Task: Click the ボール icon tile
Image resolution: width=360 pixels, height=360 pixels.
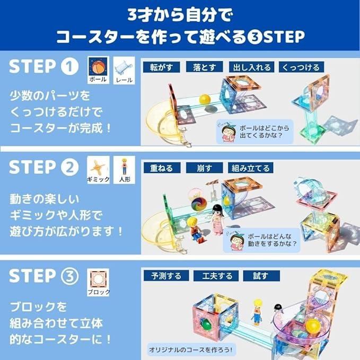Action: point(98,71)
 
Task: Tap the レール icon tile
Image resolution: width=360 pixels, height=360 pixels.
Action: point(124,71)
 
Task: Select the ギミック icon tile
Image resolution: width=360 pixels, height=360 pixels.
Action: point(98,170)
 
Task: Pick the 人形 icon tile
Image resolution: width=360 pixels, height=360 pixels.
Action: point(124,170)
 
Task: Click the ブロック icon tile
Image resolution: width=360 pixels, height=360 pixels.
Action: point(98,283)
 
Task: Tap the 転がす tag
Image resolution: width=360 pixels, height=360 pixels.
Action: point(161,67)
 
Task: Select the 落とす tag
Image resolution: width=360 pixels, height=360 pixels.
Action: point(204,67)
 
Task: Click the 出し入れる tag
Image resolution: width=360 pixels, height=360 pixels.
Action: point(252,67)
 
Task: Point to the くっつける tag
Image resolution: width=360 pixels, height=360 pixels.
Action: point(301,67)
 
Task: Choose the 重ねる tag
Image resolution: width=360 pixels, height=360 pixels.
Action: point(162,168)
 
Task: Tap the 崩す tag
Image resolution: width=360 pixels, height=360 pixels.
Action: point(204,168)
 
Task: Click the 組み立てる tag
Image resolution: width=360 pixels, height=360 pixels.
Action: point(250,168)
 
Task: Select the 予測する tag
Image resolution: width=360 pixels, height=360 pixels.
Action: point(166,276)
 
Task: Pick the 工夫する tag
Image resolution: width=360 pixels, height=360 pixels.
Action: point(216,276)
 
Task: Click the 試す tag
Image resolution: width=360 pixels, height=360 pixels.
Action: point(261,276)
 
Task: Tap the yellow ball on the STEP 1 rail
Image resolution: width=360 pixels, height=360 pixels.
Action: point(205,99)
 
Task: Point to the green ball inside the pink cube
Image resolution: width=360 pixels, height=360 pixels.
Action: point(205,324)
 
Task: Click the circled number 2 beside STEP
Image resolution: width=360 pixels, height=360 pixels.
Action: point(69,167)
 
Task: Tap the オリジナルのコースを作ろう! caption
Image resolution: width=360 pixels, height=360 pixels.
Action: point(190,350)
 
